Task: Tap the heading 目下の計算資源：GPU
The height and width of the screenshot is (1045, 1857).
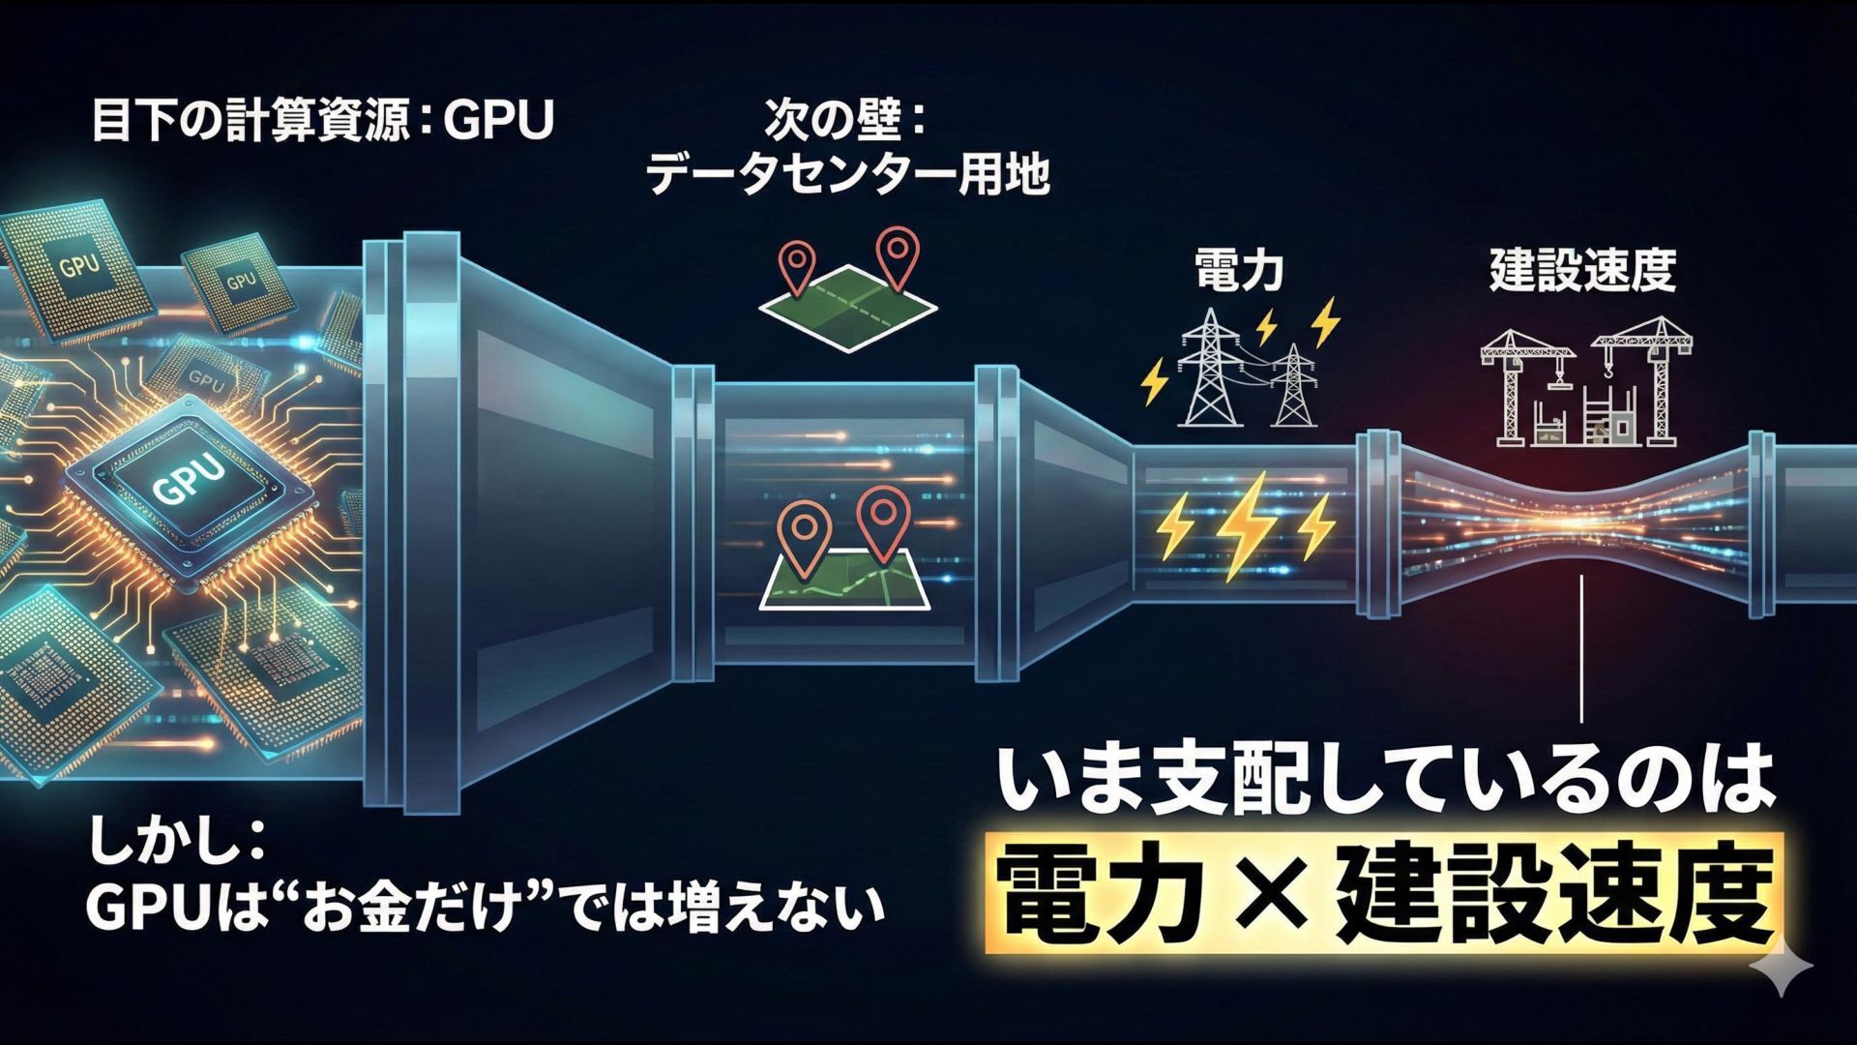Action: [322, 122]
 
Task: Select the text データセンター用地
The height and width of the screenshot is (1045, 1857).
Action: [847, 176]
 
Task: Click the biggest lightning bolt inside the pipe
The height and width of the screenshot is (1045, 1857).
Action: [1246, 527]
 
